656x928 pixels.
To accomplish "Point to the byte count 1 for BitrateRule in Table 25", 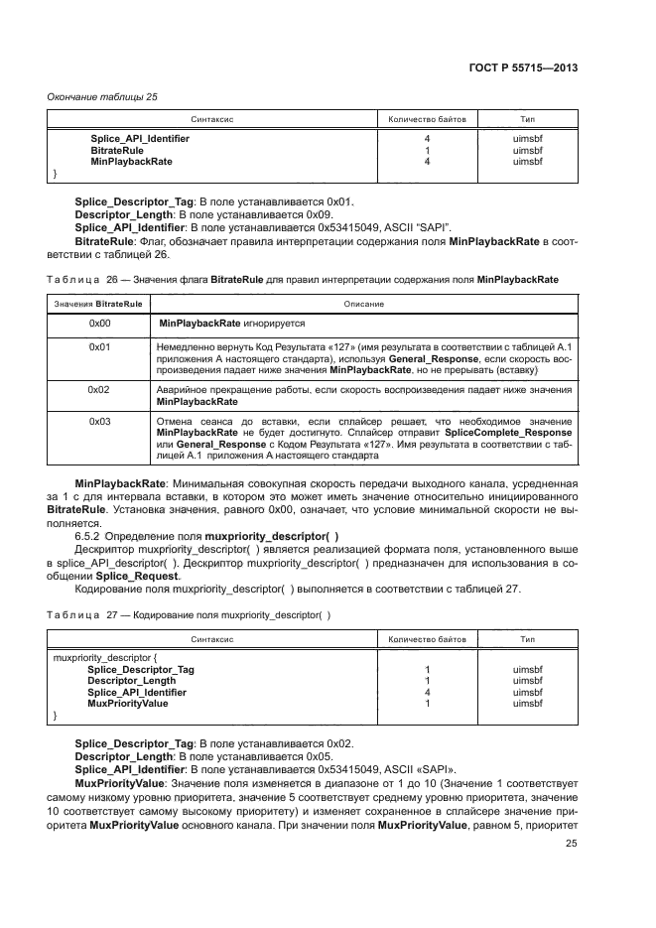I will [x=427, y=149].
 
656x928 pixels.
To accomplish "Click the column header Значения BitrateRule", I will [x=96, y=303].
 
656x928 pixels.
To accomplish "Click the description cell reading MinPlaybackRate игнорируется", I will [x=231, y=324].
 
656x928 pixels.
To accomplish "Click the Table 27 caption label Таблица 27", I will [x=85, y=615].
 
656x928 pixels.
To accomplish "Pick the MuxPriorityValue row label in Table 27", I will [x=127, y=703].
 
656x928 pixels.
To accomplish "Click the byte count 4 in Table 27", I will [x=427, y=692].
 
